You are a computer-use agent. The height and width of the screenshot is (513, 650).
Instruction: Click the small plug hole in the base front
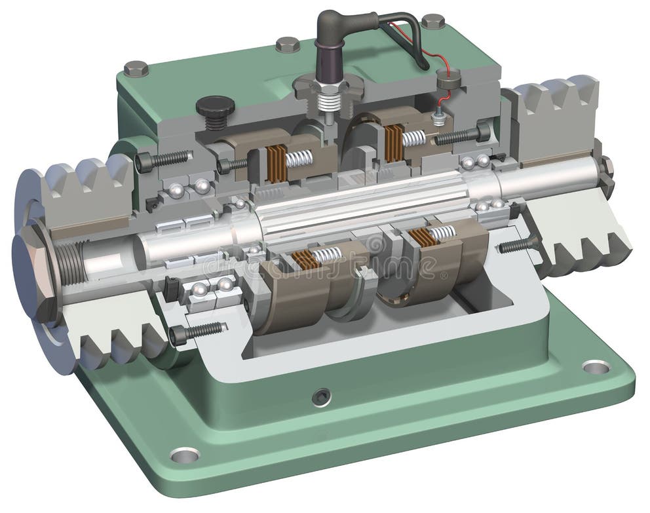320,396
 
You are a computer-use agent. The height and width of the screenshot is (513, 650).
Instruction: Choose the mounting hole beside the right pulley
596,366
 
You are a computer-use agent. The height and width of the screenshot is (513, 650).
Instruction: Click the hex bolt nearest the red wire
432,22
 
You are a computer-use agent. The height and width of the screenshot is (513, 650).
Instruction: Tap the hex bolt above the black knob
136,68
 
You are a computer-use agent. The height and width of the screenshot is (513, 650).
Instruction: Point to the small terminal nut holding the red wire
440,118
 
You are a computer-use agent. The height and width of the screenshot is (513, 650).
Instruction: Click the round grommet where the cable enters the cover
448,79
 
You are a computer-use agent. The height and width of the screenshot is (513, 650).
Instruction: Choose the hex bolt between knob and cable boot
287,45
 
